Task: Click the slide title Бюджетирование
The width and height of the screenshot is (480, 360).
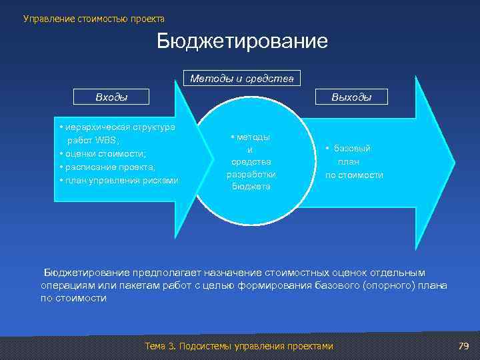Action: (x=243, y=42)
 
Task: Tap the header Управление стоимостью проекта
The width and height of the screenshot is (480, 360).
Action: (x=94, y=18)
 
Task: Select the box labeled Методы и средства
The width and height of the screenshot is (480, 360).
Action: (x=242, y=79)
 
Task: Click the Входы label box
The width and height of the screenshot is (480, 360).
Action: (x=112, y=97)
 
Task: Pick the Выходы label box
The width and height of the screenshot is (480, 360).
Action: (x=352, y=97)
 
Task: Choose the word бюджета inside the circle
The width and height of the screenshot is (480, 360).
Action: (x=251, y=187)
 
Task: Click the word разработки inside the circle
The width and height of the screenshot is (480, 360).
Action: (x=251, y=174)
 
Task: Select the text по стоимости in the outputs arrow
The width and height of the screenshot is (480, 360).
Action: (x=354, y=175)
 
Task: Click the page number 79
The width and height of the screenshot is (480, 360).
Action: (x=464, y=345)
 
